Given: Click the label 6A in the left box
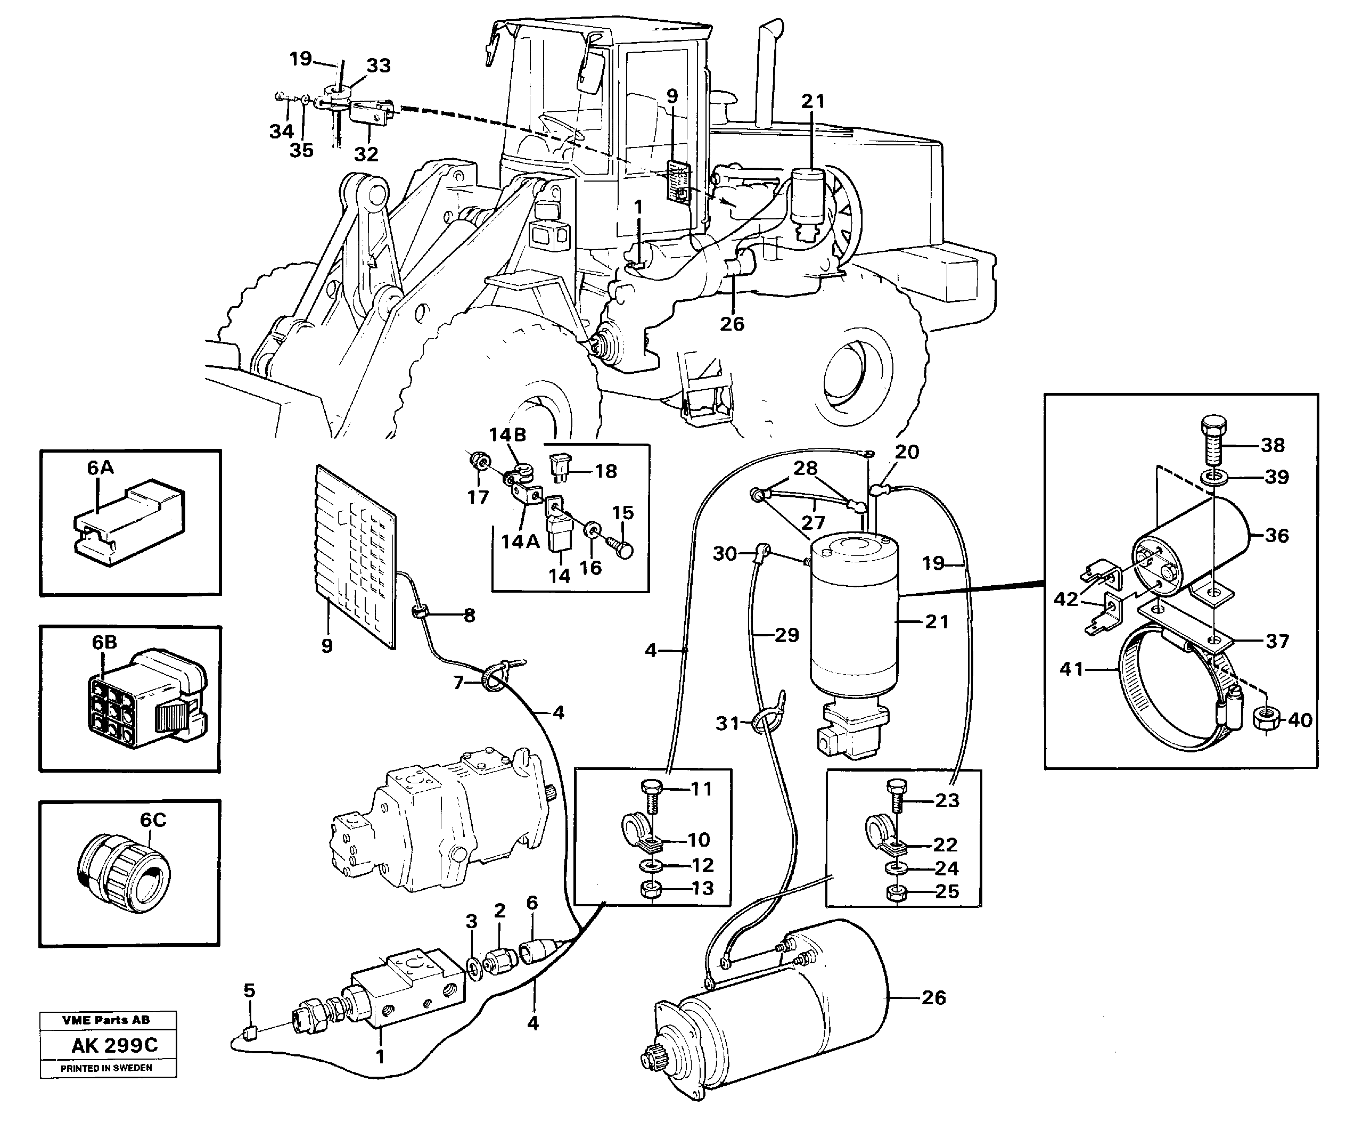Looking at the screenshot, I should [x=101, y=468].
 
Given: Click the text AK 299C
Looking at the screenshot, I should [x=114, y=1045].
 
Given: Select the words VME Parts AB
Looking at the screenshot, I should [x=106, y=1020].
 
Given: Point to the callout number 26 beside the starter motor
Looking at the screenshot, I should [x=933, y=997].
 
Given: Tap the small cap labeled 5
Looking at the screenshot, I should [x=251, y=1032].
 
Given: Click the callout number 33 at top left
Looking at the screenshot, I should [x=378, y=65].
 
